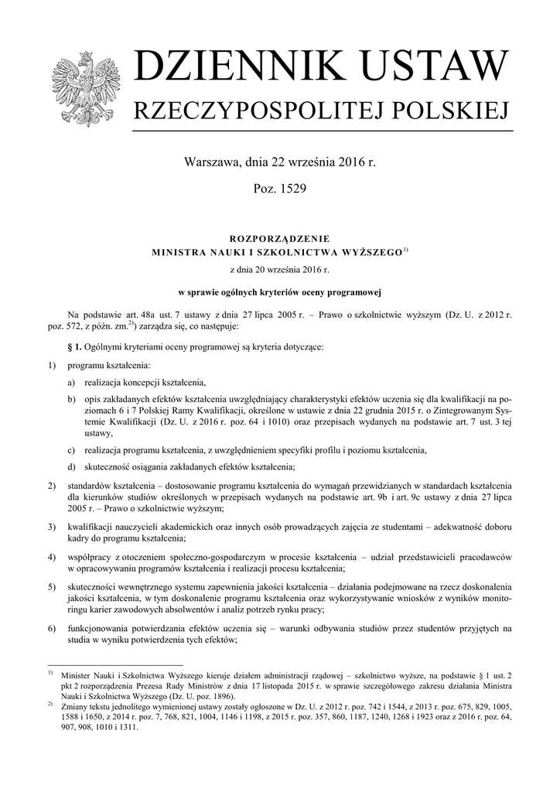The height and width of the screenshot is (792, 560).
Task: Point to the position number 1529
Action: [293, 189]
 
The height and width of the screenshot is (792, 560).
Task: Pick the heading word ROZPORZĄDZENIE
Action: [279, 239]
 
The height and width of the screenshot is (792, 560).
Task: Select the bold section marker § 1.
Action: [76, 346]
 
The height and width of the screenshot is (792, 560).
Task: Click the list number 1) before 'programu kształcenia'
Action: [51, 364]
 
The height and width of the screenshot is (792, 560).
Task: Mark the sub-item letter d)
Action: [71, 466]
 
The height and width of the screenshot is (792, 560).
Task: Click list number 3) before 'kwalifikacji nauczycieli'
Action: [51, 527]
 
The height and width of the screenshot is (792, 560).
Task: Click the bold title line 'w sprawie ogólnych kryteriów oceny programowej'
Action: [279, 292]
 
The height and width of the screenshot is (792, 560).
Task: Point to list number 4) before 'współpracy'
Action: [51, 556]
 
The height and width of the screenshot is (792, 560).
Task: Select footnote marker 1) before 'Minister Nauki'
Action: [50, 674]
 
